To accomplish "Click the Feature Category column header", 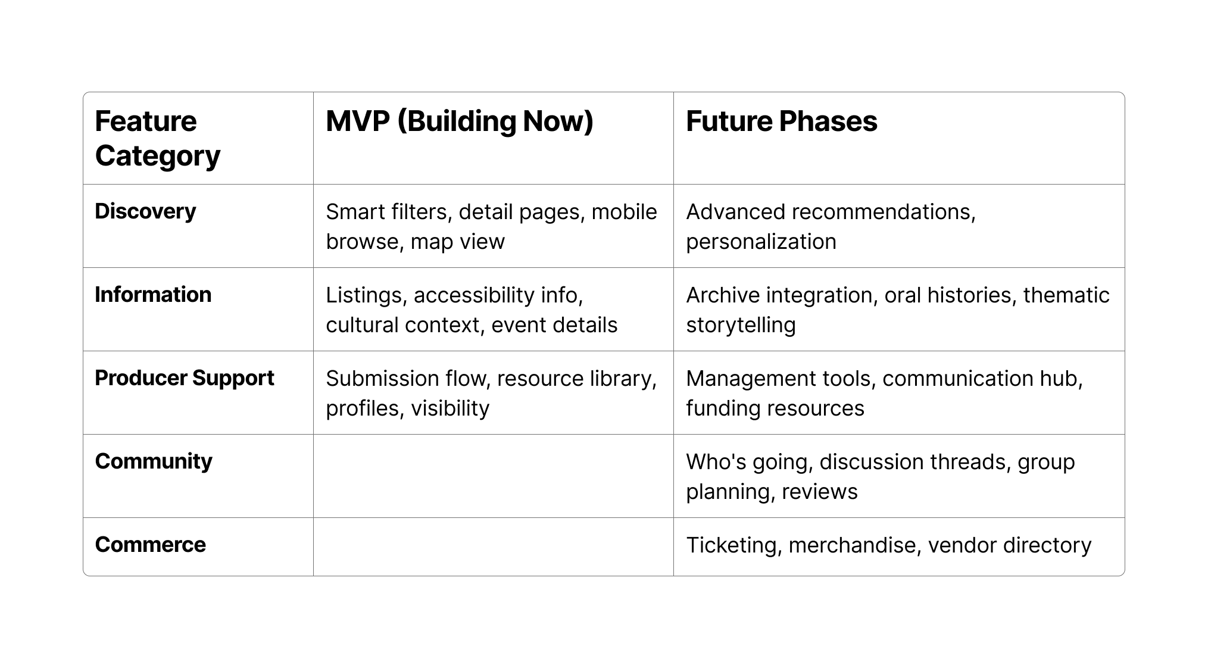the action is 157,138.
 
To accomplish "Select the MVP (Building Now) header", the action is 460,121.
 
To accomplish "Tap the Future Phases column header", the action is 781,121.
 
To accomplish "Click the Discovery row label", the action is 145,212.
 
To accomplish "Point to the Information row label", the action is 153,295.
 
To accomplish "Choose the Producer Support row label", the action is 185,379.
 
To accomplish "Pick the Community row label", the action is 154,462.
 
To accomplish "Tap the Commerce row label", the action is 150,545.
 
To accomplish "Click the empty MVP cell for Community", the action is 494,476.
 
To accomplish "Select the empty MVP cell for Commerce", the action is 494,547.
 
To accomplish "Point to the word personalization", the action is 761,242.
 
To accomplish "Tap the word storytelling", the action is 741,326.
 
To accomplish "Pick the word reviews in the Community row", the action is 819,492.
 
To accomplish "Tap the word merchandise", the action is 855,546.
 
